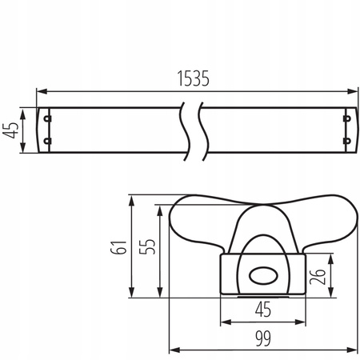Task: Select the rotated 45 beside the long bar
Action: point(10,130)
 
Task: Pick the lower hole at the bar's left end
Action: point(46,142)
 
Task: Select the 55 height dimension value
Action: point(146,246)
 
